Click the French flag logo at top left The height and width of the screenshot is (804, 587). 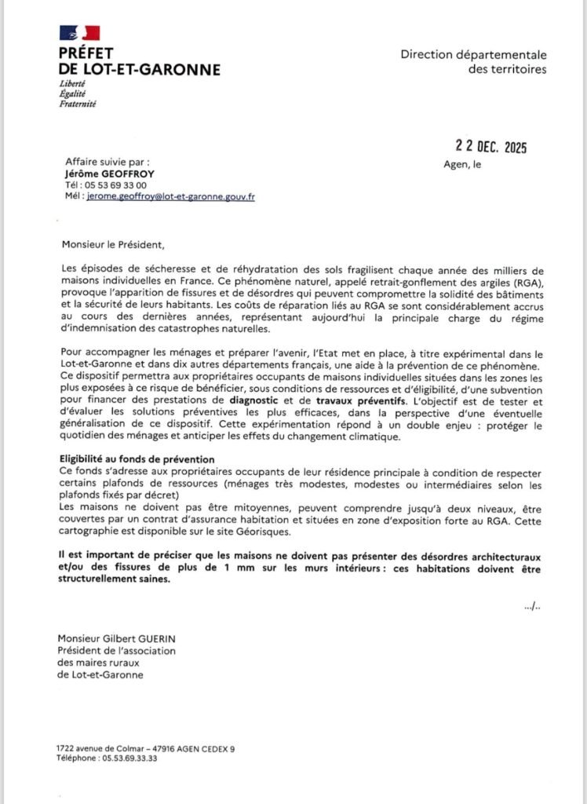click(79, 33)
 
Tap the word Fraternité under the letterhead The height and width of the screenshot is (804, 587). click(78, 103)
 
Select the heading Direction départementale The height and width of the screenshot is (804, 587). click(473, 54)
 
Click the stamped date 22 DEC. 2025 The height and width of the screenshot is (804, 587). click(491, 147)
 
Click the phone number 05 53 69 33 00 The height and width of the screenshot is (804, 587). click(112, 185)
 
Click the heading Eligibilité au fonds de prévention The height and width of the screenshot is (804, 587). click(138, 459)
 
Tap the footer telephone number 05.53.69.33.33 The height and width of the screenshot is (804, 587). click(126, 758)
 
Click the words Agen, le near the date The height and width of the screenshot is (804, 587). click(463, 165)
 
